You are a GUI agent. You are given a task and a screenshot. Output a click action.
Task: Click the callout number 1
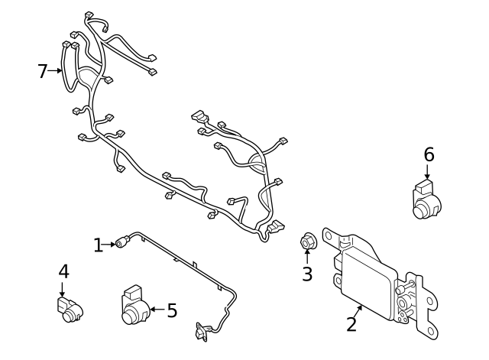point(98,245)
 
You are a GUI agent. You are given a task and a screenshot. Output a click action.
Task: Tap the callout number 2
point(351,323)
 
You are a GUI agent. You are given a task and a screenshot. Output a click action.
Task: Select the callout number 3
point(307,274)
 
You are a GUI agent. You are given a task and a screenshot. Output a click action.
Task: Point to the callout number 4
point(63,271)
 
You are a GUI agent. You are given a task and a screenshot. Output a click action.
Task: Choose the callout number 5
point(172,310)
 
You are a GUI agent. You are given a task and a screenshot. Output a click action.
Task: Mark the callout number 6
point(429,154)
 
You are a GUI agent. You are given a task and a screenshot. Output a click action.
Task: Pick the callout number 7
point(43,71)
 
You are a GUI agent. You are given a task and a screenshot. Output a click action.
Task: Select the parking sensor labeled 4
point(70,308)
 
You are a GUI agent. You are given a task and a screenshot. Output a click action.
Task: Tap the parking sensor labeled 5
point(135,307)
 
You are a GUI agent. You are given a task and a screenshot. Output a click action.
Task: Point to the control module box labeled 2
point(366,278)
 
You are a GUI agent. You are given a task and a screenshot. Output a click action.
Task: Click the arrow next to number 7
point(57,71)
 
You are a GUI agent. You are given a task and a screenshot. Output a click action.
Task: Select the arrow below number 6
point(429,174)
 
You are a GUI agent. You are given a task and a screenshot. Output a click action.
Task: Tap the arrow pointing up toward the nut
point(307,258)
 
